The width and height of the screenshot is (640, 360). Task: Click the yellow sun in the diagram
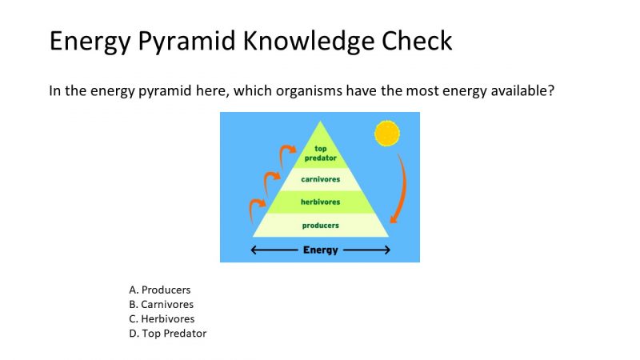pos(386,133)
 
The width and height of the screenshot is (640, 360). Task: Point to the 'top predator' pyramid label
pos(320,153)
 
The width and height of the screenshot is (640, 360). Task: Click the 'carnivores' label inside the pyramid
pos(320,179)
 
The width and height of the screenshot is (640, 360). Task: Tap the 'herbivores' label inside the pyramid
pos(320,202)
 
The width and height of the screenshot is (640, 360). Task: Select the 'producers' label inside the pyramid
pos(320,226)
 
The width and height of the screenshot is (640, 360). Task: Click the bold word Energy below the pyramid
pos(320,250)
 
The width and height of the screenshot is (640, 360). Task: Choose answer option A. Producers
pos(160,290)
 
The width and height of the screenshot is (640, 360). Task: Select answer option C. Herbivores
pos(162,318)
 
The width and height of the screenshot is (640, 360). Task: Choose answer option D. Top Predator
pos(167,333)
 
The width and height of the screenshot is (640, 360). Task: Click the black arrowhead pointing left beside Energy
pos(256,250)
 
